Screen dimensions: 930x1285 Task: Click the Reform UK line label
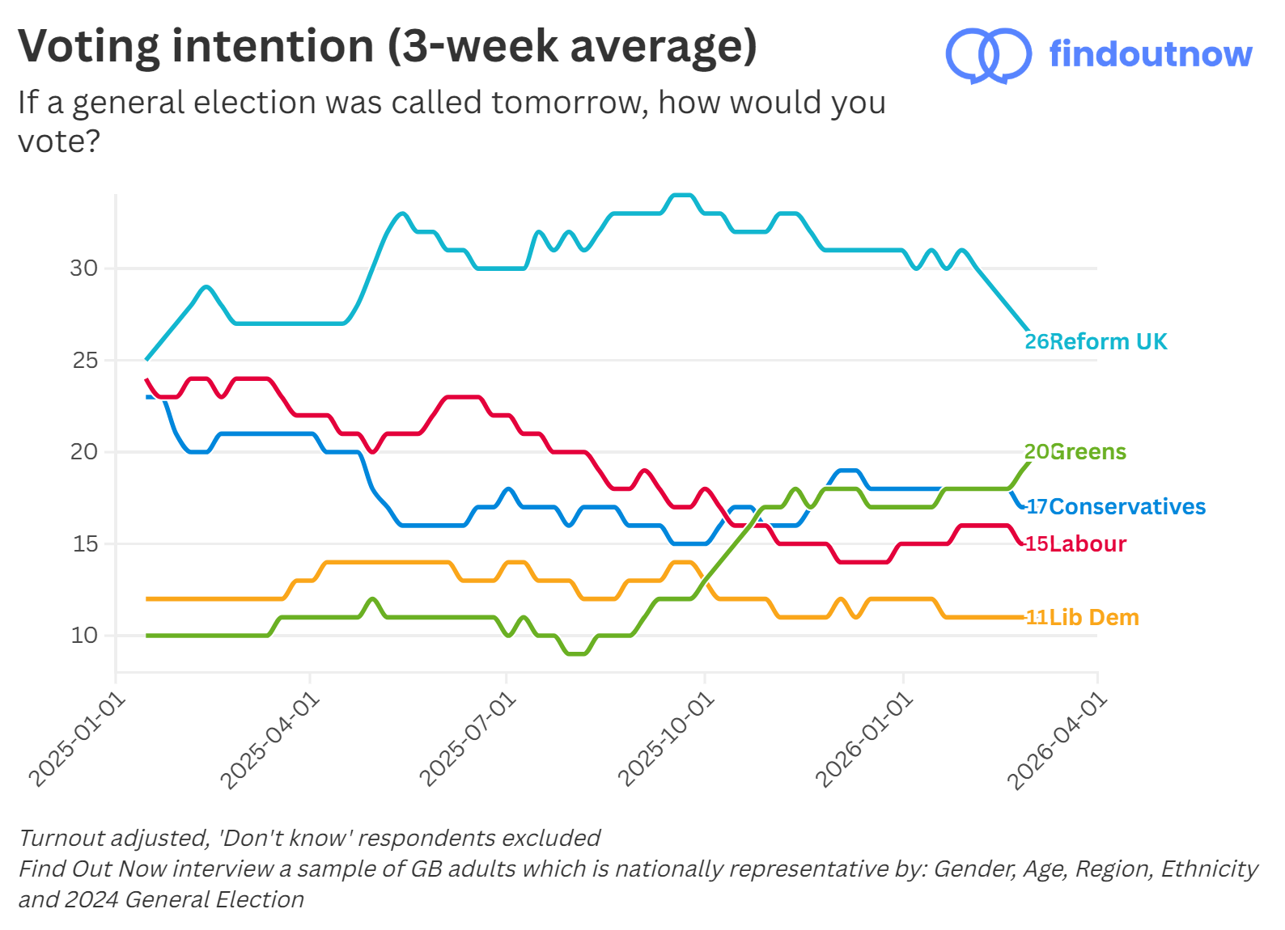point(1096,341)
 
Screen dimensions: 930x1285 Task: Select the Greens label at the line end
point(1075,451)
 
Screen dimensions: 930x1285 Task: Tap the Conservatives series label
point(1116,506)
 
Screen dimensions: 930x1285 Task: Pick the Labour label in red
point(1075,543)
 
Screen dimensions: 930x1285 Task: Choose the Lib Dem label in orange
point(1082,617)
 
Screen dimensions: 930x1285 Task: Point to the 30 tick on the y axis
point(83,268)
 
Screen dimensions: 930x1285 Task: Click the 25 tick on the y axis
point(84,360)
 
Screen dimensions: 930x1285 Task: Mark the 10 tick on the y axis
point(83,636)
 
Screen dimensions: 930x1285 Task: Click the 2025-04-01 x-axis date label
point(270,740)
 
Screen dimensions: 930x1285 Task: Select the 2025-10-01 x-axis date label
point(666,740)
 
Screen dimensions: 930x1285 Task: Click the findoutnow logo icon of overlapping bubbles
point(988,55)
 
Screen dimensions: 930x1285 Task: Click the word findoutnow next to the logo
point(1150,54)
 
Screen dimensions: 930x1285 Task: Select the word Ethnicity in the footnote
point(1209,869)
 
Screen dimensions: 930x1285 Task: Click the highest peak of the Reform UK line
point(682,195)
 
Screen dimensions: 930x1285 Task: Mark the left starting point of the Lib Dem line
point(147,598)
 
